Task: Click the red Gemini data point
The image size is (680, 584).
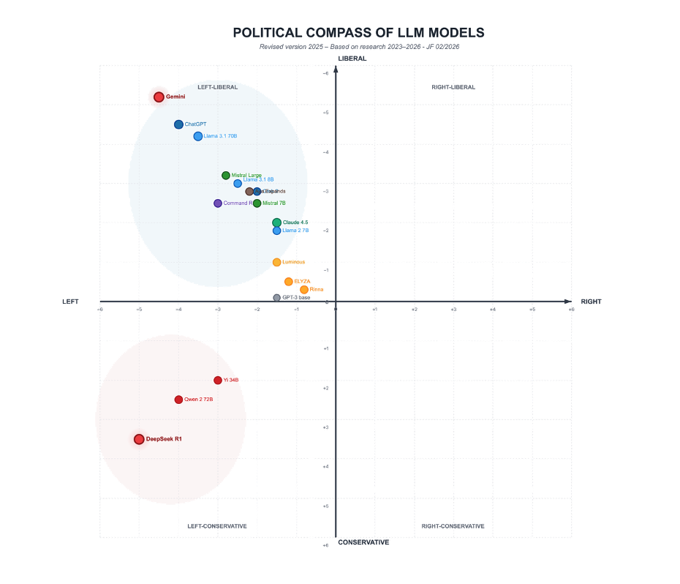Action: (x=159, y=97)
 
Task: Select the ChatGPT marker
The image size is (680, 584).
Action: (x=178, y=124)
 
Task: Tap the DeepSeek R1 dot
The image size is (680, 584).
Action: (x=139, y=439)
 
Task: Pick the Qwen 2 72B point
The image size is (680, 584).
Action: (x=178, y=400)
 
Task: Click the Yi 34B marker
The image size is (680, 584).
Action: (x=218, y=380)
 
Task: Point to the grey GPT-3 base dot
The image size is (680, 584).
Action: (x=276, y=298)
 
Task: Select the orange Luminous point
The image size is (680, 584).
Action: (x=276, y=262)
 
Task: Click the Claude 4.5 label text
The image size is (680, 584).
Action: (x=295, y=222)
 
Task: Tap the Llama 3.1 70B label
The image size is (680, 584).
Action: (x=220, y=136)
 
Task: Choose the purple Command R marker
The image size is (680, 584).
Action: (x=218, y=203)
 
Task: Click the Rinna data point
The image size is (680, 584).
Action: (x=304, y=290)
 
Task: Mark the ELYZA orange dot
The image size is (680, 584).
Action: (x=289, y=282)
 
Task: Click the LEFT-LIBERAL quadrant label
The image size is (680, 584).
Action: (x=217, y=87)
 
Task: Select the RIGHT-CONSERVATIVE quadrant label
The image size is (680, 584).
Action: (x=453, y=526)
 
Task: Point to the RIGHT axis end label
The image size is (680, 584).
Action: (x=591, y=302)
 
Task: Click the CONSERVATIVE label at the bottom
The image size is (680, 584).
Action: (x=363, y=542)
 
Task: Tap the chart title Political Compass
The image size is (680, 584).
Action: (x=358, y=33)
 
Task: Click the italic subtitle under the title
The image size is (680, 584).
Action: (x=359, y=47)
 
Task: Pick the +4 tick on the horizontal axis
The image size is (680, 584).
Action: (x=493, y=310)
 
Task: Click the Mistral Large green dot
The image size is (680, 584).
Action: (x=226, y=176)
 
